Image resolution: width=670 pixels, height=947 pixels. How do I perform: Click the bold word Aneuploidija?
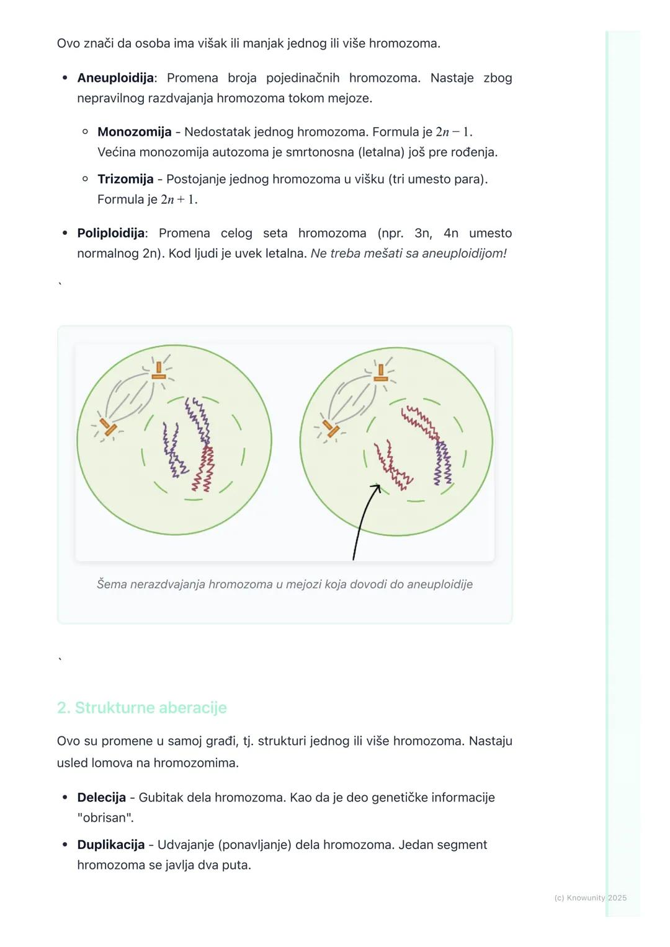click(115, 78)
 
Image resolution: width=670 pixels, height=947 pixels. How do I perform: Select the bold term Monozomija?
click(134, 132)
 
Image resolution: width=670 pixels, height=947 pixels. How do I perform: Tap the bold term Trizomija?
click(125, 179)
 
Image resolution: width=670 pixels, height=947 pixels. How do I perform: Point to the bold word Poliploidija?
click(111, 233)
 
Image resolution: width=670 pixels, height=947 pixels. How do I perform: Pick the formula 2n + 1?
click(179, 200)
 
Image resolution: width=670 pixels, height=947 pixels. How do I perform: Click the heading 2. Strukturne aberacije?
click(141, 708)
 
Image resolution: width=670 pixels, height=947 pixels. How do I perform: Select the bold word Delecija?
click(101, 798)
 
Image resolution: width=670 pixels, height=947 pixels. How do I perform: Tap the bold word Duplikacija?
click(110, 845)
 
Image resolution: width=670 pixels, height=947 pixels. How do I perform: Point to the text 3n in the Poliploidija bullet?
click(422, 233)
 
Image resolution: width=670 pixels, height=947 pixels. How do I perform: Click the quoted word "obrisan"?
click(105, 818)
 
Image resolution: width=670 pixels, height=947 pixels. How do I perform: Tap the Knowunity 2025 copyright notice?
click(590, 898)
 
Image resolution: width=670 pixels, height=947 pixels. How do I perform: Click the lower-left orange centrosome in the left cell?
click(109, 427)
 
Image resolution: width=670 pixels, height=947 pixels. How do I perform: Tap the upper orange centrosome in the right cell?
click(381, 372)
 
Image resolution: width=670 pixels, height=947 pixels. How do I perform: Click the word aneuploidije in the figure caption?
click(439, 584)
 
